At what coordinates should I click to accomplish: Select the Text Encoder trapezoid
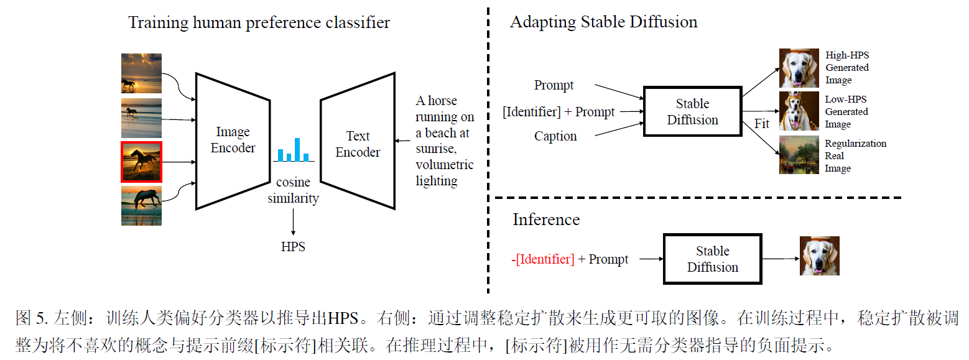point(358,144)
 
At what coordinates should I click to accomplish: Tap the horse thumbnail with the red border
point(141,161)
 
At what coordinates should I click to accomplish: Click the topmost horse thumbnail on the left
point(141,73)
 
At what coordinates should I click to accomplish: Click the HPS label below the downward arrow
point(293,247)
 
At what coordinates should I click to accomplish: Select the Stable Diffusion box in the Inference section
point(712,259)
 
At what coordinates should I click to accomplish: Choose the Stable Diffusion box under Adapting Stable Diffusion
point(692,112)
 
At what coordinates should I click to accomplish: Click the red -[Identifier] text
point(543,259)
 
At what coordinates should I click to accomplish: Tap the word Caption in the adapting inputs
point(555,136)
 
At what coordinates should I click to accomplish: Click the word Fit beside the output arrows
point(762,124)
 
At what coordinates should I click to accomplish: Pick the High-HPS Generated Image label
point(846,67)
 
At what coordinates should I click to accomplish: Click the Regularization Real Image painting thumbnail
point(799,155)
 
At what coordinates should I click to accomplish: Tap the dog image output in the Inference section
point(819,256)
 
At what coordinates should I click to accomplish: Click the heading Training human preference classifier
point(259,23)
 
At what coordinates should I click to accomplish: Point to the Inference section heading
point(545,219)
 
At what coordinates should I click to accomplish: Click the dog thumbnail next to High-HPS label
point(799,68)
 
